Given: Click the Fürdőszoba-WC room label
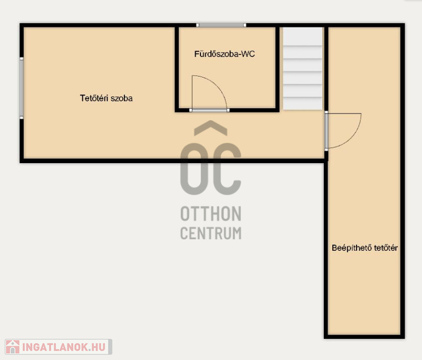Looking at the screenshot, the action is (225, 54).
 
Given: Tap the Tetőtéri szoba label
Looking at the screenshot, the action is (106, 98).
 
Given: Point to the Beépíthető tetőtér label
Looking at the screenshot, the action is (365, 248).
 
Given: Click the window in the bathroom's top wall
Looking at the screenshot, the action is (221, 25).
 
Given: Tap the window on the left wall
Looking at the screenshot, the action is (22, 88).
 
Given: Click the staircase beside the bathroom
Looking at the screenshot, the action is (302, 69).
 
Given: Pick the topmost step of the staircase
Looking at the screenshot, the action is (302, 36).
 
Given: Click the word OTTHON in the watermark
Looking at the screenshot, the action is (210, 214).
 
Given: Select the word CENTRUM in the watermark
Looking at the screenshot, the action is (210, 233).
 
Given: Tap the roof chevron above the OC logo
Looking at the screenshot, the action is (210, 128).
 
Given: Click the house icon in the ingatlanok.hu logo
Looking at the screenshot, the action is (13, 347).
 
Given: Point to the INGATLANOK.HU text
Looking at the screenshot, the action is (64, 347).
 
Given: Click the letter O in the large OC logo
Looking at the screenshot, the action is (194, 169).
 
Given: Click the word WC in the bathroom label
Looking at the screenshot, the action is (248, 54).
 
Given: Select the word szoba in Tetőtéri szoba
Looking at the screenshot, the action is (122, 98).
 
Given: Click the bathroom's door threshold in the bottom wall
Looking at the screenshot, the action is (209, 110).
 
